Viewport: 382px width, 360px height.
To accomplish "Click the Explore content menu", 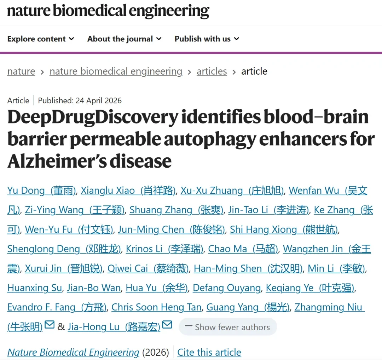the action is click(x=41, y=39).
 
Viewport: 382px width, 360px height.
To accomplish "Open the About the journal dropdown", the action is click(x=124, y=39).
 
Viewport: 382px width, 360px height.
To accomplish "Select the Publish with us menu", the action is click(x=207, y=39).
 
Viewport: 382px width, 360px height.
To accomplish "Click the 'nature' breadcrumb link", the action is click(x=21, y=71).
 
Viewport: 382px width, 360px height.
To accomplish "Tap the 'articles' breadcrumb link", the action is click(x=212, y=71).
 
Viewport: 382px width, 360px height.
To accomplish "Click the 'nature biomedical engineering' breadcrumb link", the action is click(x=116, y=71).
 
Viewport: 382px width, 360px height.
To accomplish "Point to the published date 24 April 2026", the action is click(x=99, y=100).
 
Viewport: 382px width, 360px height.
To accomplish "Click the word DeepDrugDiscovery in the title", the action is click(x=93, y=117).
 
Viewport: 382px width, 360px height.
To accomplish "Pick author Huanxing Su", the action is click(x=35, y=288).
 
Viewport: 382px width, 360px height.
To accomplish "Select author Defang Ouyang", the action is click(x=227, y=288).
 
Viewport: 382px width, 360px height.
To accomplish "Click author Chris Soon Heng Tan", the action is click(x=157, y=307).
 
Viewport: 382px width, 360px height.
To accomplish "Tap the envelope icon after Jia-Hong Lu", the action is click(x=167, y=325).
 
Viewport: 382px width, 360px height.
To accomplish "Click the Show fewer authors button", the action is click(x=228, y=327).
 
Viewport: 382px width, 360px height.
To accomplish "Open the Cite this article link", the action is click(x=209, y=352).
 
